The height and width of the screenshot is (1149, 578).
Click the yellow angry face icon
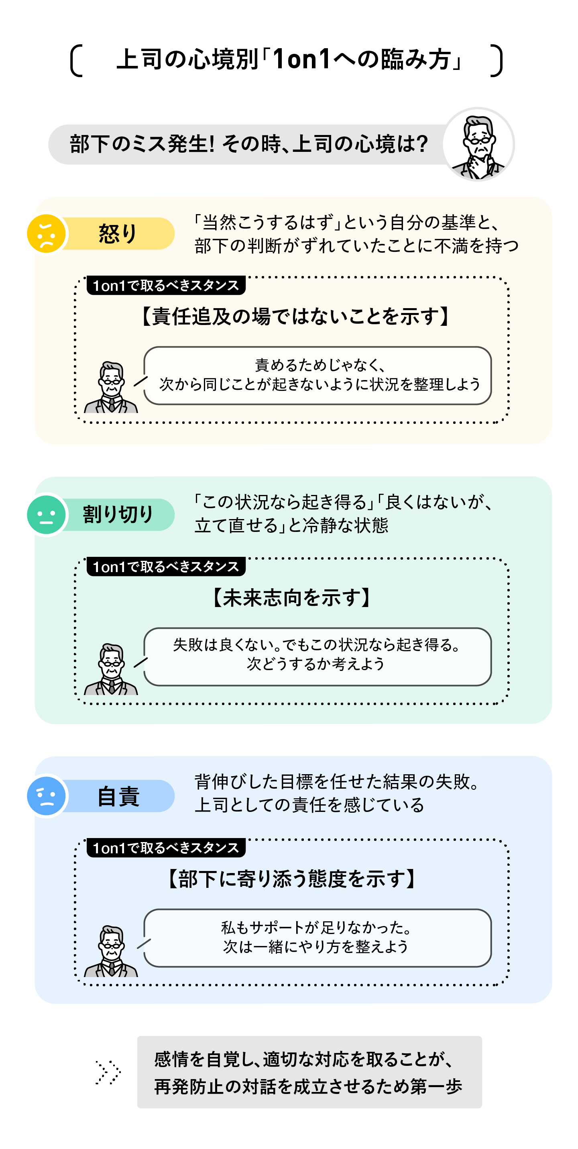point(46,234)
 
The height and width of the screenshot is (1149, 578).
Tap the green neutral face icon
point(46,515)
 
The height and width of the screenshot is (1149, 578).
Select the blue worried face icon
point(46,796)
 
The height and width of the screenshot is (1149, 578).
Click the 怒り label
point(118,234)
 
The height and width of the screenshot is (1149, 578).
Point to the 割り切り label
point(118,515)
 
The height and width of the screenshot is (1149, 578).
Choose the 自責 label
point(118,796)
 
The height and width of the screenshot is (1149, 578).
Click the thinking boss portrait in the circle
point(478,145)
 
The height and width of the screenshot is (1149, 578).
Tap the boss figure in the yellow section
point(111,387)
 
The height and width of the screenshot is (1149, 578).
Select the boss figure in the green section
point(111,669)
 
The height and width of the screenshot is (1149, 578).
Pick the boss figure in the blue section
point(111,951)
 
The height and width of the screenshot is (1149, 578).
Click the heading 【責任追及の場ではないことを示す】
point(295,317)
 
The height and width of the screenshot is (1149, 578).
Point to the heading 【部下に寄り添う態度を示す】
point(292,879)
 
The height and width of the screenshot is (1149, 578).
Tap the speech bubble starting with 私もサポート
point(317,938)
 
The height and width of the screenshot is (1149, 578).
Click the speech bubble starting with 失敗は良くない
point(317,656)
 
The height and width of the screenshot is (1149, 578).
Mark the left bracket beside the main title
point(76,60)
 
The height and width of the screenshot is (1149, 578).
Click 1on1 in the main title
point(302,59)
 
